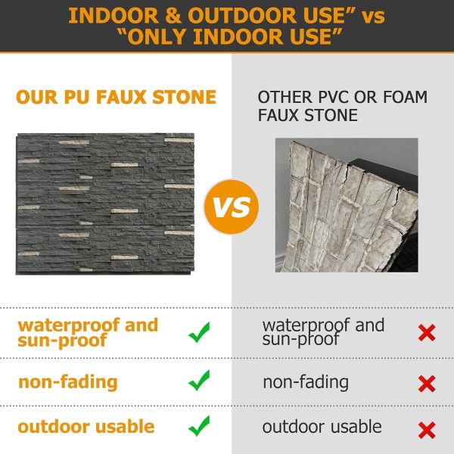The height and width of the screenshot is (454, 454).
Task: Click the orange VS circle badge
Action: pos(232,206)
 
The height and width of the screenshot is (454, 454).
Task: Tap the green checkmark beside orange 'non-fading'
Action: pos(199,381)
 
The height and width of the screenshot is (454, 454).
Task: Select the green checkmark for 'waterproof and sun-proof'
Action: pos(199,332)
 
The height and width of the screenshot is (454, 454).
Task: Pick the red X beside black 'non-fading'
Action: pos(427,384)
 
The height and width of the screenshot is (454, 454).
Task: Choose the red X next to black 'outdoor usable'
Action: pos(427,430)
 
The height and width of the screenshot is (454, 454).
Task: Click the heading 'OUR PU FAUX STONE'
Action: pos(116,98)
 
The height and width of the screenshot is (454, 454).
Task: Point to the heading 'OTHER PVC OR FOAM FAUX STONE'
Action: pos(342,107)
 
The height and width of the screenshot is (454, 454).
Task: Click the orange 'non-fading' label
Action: pos(67,381)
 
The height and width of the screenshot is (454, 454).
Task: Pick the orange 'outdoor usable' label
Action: pos(86,427)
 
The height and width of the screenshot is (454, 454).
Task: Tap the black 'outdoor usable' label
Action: pos(322,427)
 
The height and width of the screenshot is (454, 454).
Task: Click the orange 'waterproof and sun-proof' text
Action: pos(88,333)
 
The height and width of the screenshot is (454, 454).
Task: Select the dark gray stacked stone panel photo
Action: pos(105,204)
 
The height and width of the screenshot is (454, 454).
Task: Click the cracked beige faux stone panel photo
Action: pos(347,204)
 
